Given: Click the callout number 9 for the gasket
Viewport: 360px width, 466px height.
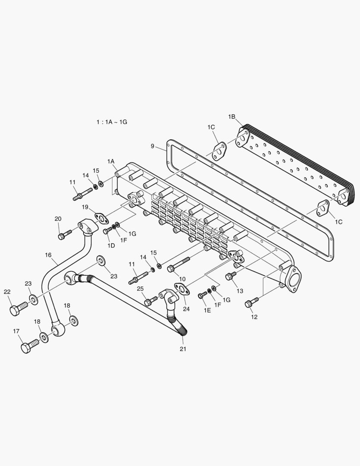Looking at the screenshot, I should click(153, 146).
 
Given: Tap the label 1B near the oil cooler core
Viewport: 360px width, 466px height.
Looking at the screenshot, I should click(232, 116).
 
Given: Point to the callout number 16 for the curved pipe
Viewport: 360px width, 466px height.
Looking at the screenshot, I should click(48, 255).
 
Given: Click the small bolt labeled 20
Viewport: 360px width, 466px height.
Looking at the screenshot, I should click(64, 236).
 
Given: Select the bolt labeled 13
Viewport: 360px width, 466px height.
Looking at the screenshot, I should click(231, 275).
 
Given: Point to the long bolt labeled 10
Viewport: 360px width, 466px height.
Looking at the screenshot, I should click(178, 264).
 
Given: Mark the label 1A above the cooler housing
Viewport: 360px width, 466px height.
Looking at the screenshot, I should click(111, 161).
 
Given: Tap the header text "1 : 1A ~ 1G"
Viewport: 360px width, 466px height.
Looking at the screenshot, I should click(112, 122).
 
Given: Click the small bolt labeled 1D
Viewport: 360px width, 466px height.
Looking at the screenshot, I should click(107, 231).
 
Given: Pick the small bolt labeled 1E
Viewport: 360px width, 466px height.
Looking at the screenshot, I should click(203, 295).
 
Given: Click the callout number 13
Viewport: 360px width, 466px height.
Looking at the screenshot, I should click(240, 291).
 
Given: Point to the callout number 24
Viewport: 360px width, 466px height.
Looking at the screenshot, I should click(186, 309).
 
